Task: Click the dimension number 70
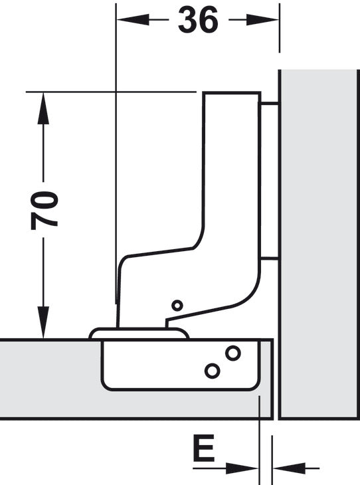44,210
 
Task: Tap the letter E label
203,450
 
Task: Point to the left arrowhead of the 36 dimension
127,21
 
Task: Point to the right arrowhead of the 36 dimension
268,21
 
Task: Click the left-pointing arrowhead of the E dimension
284,468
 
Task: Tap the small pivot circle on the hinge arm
176,305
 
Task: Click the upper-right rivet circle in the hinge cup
232,352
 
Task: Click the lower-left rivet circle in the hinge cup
212,370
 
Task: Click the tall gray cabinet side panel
319,246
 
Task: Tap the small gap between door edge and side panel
276,379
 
